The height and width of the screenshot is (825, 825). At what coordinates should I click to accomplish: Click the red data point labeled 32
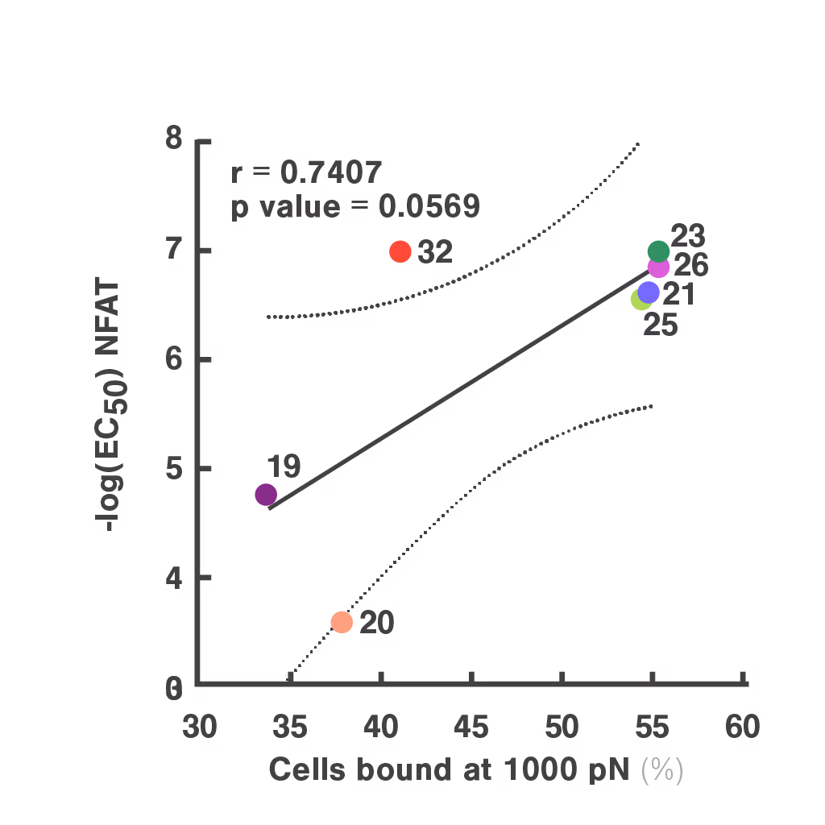point(400,251)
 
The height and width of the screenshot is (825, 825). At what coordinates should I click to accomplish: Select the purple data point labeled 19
point(266,494)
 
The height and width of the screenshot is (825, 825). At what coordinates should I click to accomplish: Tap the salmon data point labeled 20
point(342,622)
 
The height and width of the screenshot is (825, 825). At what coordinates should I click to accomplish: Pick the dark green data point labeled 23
point(658,251)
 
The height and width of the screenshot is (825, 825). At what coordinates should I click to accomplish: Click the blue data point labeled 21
point(649,292)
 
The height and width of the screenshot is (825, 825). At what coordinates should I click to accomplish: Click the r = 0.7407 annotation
point(306,172)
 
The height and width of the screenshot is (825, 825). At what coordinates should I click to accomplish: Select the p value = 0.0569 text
point(355,207)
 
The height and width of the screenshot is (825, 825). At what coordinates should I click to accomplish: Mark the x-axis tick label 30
point(199,728)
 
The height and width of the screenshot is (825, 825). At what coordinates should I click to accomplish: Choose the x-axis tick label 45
point(471,728)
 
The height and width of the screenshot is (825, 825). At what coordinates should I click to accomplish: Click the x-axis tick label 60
point(742,728)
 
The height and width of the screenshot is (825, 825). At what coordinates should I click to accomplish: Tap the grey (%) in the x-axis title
point(662,770)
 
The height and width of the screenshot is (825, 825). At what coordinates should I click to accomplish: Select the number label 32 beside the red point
point(435,252)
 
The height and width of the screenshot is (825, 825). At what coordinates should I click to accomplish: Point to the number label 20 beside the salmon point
point(376,623)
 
